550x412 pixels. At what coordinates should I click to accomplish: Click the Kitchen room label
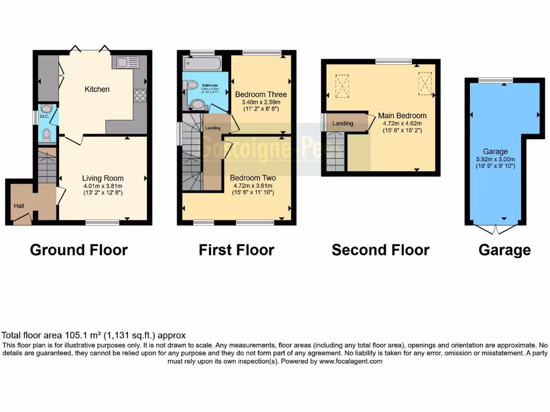point(97,89)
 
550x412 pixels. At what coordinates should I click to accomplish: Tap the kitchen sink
point(126,62)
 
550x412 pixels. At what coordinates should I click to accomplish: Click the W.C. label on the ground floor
point(45,101)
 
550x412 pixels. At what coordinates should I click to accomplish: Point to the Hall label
point(19,205)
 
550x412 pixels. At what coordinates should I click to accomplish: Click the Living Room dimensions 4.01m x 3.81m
point(103,187)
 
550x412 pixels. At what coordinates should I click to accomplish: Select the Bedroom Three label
point(262,94)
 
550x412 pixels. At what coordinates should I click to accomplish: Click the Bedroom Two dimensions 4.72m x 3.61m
point(252,186)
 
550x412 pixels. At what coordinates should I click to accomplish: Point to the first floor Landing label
point(212,128)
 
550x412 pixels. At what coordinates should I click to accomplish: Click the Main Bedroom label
point(402,115)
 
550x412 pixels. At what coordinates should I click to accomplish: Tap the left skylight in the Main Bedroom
point(342,86)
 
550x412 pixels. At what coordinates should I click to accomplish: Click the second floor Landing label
point(343,123)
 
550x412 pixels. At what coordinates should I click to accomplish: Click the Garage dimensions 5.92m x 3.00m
point(495,159)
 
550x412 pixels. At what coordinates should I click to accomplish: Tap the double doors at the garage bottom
point(495,230)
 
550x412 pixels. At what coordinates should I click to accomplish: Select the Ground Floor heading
point(79,250)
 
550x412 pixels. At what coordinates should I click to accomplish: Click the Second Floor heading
point(380,250)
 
